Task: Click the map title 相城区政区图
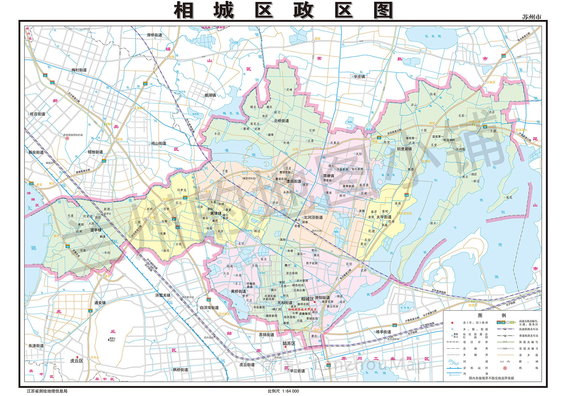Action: [x=283, y=10]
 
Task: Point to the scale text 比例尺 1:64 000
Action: [x=283, y=391]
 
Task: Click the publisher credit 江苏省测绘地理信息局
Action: [x=47, y=391]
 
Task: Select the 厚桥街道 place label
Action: [x=155, y=35]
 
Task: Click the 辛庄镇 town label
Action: [x=359, y=76]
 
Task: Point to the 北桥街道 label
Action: [x=281, y=121]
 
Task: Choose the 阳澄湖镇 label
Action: [x=404, y=149]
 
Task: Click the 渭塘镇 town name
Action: [x=328, y=176]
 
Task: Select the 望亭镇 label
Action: [x=96, y=230]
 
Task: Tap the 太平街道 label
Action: [x=384, y=217]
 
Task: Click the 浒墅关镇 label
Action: [x=163, y=295]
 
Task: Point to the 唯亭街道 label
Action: [x=383, y=332]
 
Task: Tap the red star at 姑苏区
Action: [x=285, y=347]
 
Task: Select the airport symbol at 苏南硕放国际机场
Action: [x=68, y=138]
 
